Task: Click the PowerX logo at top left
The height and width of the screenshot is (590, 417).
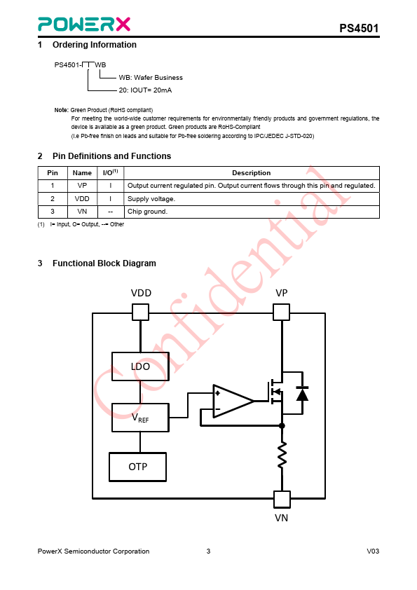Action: coord(84,24)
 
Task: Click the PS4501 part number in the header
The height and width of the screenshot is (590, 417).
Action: coord(359,28)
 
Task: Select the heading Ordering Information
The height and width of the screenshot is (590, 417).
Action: coord(95,45)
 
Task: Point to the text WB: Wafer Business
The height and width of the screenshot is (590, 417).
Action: coord(151,78)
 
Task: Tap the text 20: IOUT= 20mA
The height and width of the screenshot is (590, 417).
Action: coord(145,90)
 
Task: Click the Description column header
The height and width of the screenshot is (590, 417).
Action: coord(251,172)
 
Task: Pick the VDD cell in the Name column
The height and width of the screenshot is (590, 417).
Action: coord(82,199)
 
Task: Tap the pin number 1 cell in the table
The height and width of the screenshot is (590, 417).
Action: coord(53,186)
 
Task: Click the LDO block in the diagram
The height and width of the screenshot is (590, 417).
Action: coord(140,366)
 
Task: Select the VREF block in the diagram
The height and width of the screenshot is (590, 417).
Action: coord(140,418)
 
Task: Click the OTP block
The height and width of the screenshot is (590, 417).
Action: coord(138,467)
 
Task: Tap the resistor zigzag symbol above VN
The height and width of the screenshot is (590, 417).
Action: coord(282,455)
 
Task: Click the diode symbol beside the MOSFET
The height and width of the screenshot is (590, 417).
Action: coord(302,394)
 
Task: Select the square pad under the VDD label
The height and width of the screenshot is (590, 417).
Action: coord(140,313)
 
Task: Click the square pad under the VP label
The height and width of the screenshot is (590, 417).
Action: coord(281,313)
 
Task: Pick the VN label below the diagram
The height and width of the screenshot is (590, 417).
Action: coord(282,518)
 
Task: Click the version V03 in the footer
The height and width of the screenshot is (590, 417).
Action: coord(373,551)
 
